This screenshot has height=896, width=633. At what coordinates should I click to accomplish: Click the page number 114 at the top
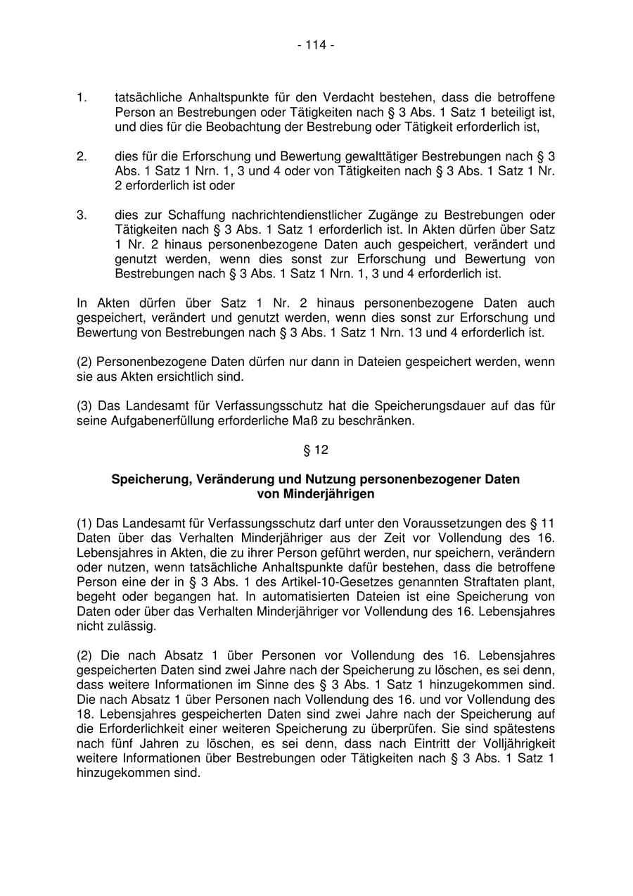(316, 45)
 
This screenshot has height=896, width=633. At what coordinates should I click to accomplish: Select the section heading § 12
(316, 450)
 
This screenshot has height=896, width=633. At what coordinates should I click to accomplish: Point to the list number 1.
(82, 97)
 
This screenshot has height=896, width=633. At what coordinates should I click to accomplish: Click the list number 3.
(82, 215)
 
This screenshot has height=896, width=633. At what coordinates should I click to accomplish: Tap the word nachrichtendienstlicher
(280, 215)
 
